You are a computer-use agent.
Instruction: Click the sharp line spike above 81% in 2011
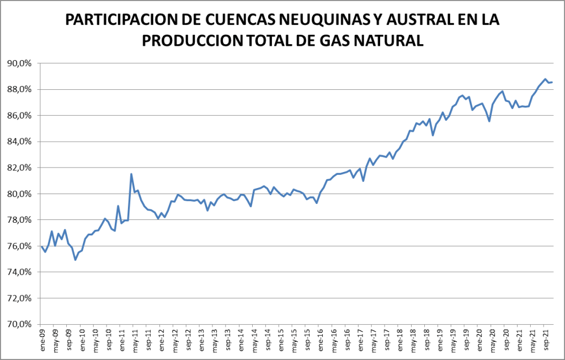131,174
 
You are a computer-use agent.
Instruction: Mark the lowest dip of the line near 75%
75,260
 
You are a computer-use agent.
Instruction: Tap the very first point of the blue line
42,246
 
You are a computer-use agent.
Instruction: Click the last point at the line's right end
552,82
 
